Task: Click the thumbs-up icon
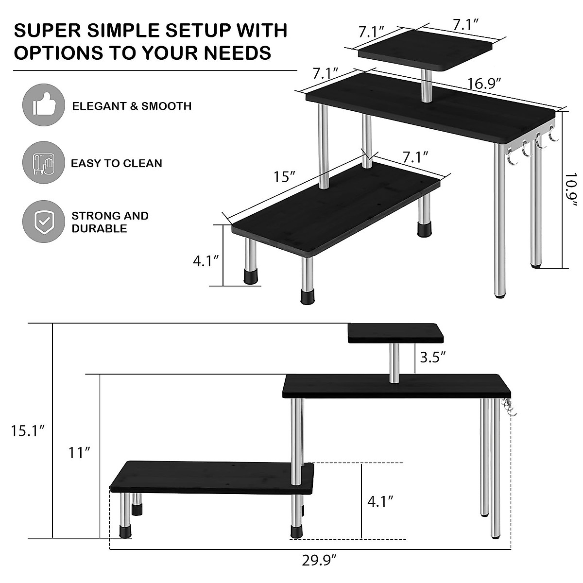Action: coord(44,105)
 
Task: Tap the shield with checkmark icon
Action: coord(44,222)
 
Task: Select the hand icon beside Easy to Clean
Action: coord(44,163)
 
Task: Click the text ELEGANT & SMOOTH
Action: coord(132,106)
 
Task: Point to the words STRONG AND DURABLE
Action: coord(110,222)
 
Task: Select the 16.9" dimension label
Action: coord(484,84)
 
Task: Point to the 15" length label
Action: coord(285,176)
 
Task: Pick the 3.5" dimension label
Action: coord(433,358)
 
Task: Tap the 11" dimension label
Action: coord(79,453)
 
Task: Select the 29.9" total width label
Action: coord(319,561)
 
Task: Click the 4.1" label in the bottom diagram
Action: coord(380,501)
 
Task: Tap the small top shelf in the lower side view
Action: coord(395,333)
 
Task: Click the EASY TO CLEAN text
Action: coord(117,163)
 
